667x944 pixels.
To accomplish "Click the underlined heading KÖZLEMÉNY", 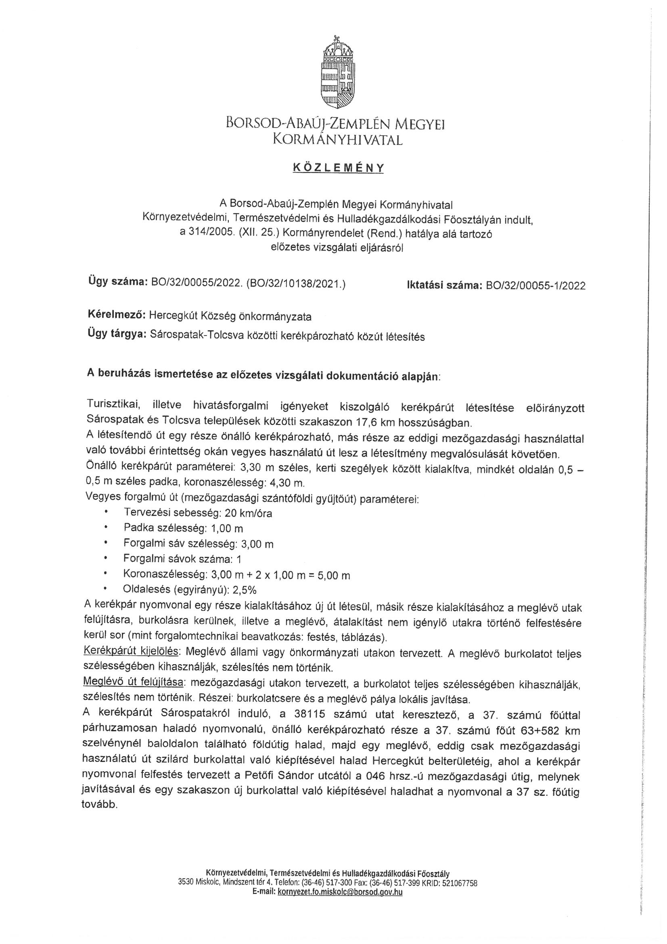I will click(x=338, y=168).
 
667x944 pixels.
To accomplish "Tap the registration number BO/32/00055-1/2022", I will click(x=535, y=286).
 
